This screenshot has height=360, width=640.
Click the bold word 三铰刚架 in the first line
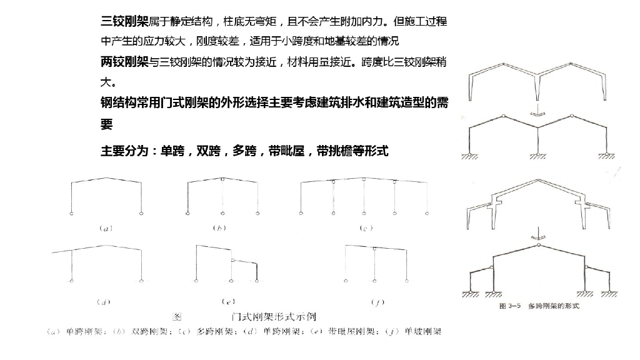[124, 22]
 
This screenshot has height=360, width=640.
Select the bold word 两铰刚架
[124, 62]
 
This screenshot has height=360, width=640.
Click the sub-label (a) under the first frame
[106, 229]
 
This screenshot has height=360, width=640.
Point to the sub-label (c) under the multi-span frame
[366, 229]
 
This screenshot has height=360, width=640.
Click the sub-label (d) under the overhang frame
[103, 302]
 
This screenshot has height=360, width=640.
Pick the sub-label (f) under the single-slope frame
[377, 302]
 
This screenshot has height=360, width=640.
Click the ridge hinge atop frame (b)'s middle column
[223, 179]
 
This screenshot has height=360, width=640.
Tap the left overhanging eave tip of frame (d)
[52, 252]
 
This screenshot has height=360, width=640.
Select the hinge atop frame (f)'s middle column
[374, 249]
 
